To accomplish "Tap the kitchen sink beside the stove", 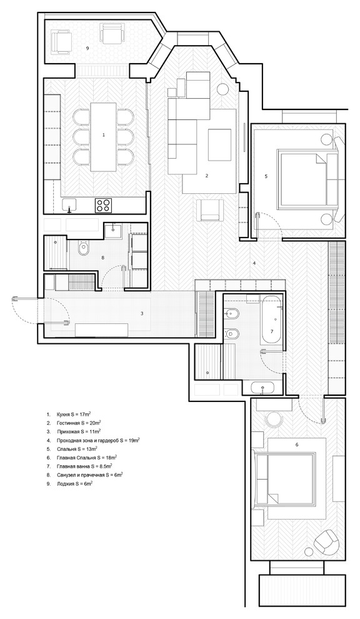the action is point(70,205).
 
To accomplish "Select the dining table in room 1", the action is point(103,136).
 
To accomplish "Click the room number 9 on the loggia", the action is point(87,48).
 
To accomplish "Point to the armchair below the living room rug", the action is point(209,210).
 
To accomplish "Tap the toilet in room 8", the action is point(83,249).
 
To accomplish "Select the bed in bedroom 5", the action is point(303,177).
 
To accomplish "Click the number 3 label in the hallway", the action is point(142,314).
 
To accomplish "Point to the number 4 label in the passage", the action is point(254,263).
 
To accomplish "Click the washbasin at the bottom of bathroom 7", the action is point(263,388).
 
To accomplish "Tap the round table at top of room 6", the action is point(274,420).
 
